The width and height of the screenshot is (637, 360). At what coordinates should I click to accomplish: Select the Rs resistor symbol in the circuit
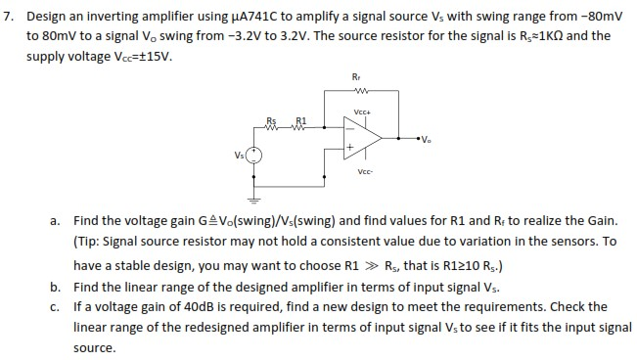pyautogui.click(x=271, y=126)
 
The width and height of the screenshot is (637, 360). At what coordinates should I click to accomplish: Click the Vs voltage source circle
pyautogui.click(x=252, y=155)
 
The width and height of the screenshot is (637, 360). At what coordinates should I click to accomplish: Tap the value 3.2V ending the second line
pyautogui.click(x=392, y=35)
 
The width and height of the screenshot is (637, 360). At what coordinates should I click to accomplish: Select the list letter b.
pyautogui.click(x=59, y=286)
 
